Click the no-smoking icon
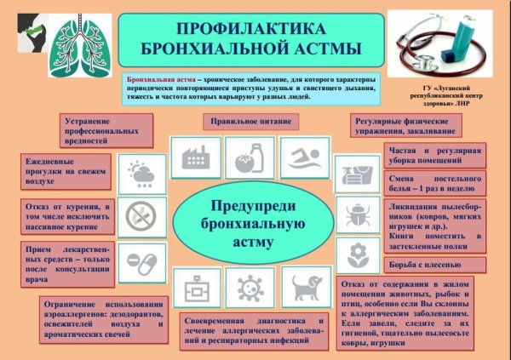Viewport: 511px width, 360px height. (137, 216)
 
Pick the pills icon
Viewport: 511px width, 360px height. (137, 257)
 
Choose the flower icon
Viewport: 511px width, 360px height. (352, 254)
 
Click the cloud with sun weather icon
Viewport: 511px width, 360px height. (137, 175)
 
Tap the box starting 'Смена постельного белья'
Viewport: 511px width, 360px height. (434, 184)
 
